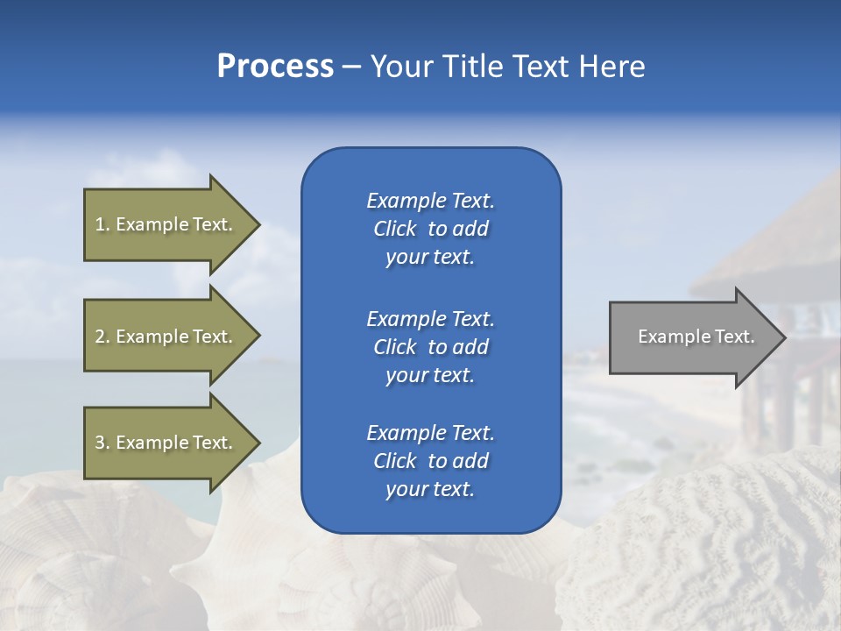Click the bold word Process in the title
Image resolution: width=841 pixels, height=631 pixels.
275,67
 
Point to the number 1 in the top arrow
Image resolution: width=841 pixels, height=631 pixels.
100,224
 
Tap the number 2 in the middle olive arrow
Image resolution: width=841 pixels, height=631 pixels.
100,337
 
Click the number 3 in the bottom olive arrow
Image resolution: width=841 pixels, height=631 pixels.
100,443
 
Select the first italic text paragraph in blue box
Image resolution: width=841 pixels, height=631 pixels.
430,229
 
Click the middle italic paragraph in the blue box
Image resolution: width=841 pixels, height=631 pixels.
430,347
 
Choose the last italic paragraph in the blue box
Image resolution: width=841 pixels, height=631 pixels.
430,461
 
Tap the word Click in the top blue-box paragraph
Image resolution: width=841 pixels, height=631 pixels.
395,230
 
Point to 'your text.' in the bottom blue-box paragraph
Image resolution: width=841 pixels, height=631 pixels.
430,489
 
